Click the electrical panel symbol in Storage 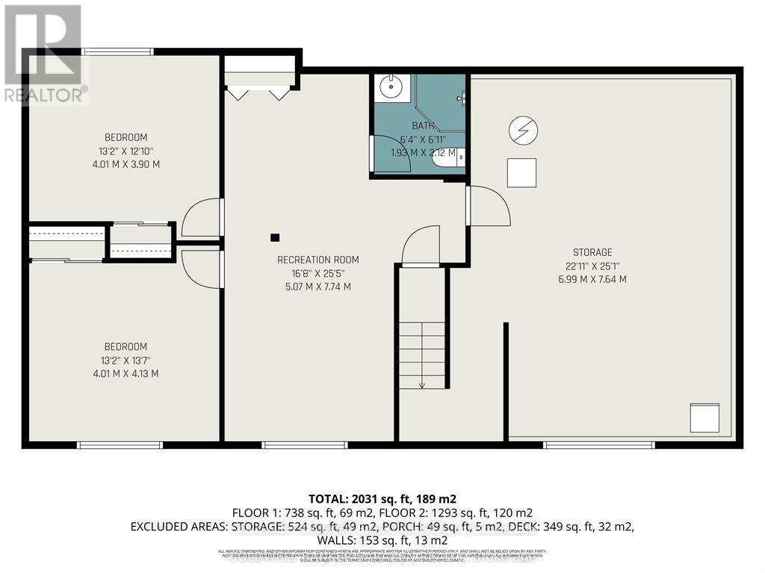(523, 131)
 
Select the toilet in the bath (458, 157)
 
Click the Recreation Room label (318, 260)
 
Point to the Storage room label (592, 252)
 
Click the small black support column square (275, 237)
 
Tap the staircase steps (422, 354)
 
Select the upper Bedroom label (126, 137)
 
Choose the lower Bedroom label (126, 346)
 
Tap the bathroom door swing (390, 155)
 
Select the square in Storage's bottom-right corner (704, 418)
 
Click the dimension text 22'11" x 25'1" (592, 266)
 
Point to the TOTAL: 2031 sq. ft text (382, 498)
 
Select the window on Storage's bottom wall (598, 445)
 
